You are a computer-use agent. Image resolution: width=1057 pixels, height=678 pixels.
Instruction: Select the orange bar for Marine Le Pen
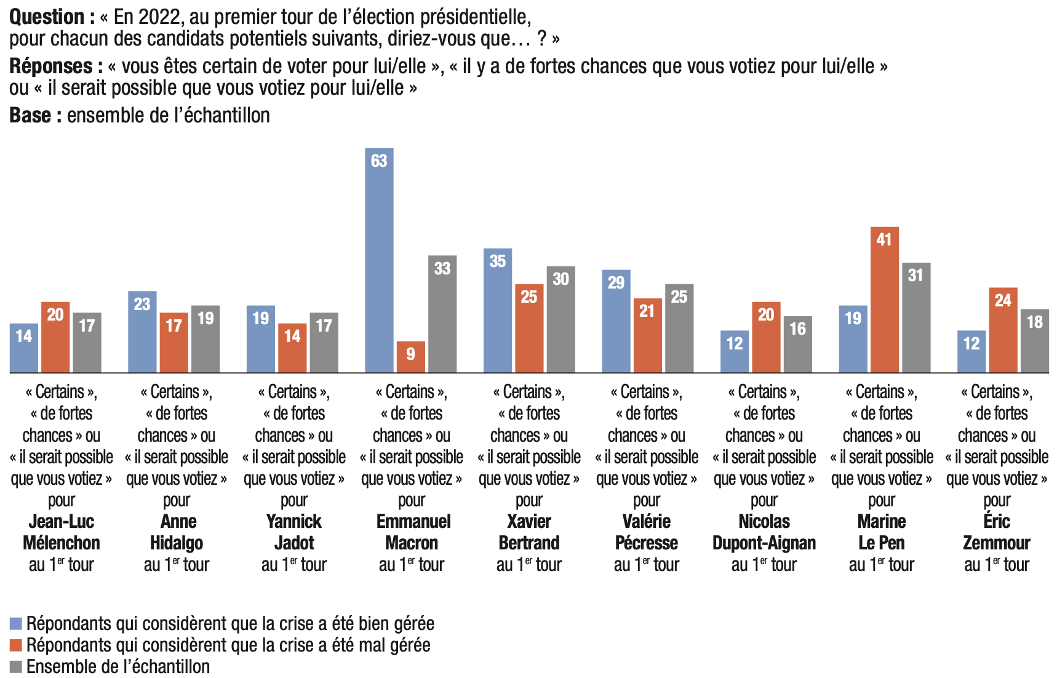(884, 301)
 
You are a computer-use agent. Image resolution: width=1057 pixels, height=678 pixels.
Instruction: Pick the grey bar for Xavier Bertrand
(560, 320)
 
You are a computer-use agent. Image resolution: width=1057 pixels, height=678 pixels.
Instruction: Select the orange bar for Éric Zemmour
(1003, 330)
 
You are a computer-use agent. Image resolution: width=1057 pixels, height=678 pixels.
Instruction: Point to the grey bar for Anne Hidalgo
(205, 339)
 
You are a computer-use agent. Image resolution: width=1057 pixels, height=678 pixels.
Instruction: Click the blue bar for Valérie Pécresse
(616, 322)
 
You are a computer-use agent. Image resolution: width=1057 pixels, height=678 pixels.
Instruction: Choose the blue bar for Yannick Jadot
(261, 339)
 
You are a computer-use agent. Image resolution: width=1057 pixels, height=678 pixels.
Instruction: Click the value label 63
(379, 161)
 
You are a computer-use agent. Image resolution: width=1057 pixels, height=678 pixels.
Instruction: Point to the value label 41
(884, 239)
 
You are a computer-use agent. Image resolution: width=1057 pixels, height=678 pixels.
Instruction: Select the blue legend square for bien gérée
(16, 624)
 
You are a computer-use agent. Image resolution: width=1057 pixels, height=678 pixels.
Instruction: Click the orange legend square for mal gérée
(16, 645)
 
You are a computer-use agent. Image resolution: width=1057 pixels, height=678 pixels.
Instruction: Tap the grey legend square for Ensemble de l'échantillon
(16, 667)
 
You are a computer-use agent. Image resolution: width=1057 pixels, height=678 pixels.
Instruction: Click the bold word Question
(47, 17)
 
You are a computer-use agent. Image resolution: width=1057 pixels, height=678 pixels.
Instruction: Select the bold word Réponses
(51, 66)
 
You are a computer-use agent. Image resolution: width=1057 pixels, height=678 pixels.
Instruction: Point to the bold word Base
(30, 115)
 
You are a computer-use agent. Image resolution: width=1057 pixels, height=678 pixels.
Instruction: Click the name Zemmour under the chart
(997, 543)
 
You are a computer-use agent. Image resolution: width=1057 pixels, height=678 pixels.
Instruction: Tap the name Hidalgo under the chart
(177, 543)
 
